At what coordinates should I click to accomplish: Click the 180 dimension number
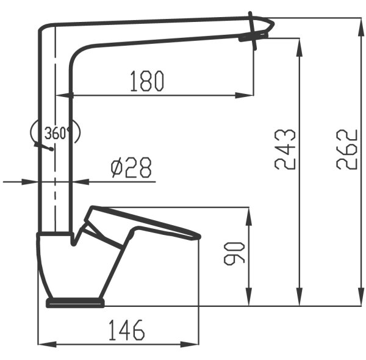[147, 81]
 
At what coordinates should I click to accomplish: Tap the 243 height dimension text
[285, 149]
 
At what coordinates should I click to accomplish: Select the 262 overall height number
[347, 149]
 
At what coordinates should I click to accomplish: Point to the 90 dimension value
[234, 254]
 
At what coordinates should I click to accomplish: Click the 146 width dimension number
[127, 330]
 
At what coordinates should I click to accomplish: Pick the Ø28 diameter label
[131, 167]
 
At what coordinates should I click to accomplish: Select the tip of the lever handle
[198, 237]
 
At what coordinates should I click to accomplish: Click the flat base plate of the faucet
[76, 303]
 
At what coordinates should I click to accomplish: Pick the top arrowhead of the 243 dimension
[300, 47]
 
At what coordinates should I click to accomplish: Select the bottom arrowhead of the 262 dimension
[361, 297]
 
